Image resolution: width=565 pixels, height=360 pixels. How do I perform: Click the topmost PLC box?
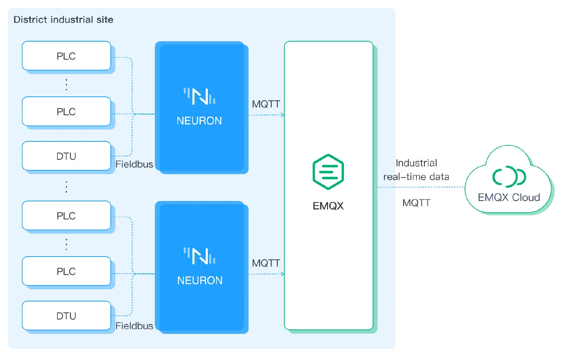66,56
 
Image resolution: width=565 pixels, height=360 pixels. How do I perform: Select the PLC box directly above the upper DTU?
66,112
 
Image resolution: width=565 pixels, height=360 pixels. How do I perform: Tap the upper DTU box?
66,156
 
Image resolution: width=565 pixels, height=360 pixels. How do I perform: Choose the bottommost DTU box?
66,316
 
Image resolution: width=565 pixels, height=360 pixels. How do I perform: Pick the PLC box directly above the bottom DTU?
66,271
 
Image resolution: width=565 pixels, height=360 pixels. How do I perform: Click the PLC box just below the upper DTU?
66,216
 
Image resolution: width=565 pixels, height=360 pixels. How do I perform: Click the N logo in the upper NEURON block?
200,96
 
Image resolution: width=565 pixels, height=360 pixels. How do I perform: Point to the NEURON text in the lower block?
200,280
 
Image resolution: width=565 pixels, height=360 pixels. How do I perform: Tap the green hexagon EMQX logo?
328,172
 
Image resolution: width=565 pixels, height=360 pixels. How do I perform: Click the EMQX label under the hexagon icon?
328,206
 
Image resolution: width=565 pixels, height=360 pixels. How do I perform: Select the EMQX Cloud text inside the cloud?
509,198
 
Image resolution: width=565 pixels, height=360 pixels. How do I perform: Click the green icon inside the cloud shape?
509,177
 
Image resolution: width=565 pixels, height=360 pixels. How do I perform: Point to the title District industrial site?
63,20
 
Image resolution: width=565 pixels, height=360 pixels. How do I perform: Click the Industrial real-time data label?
416,170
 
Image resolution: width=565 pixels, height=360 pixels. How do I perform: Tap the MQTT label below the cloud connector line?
416,203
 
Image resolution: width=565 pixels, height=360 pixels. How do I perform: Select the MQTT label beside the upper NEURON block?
266,104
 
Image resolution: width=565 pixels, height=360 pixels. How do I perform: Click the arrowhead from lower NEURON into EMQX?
282,274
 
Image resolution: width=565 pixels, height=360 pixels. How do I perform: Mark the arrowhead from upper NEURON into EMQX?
282,115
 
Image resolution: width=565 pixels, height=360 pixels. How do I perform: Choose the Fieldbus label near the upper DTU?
134,165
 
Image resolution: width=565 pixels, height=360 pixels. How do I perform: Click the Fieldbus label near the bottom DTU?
134,326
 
